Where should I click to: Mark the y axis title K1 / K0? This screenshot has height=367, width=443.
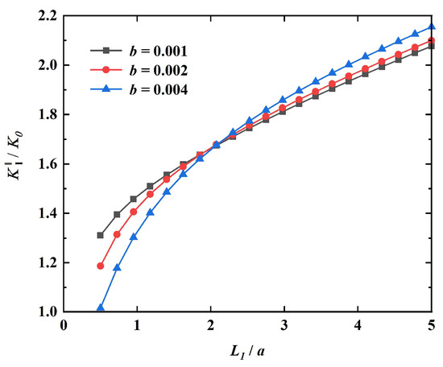pos(15,162)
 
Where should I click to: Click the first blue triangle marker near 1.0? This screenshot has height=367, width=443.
pos(101,307)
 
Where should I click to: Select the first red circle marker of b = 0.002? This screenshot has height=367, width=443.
pos(101,266)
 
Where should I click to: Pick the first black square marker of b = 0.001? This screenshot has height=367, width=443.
pos(101,235)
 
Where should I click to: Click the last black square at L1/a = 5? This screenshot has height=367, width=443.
pos(433,46)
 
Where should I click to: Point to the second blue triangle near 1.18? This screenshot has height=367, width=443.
pos(118,267)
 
